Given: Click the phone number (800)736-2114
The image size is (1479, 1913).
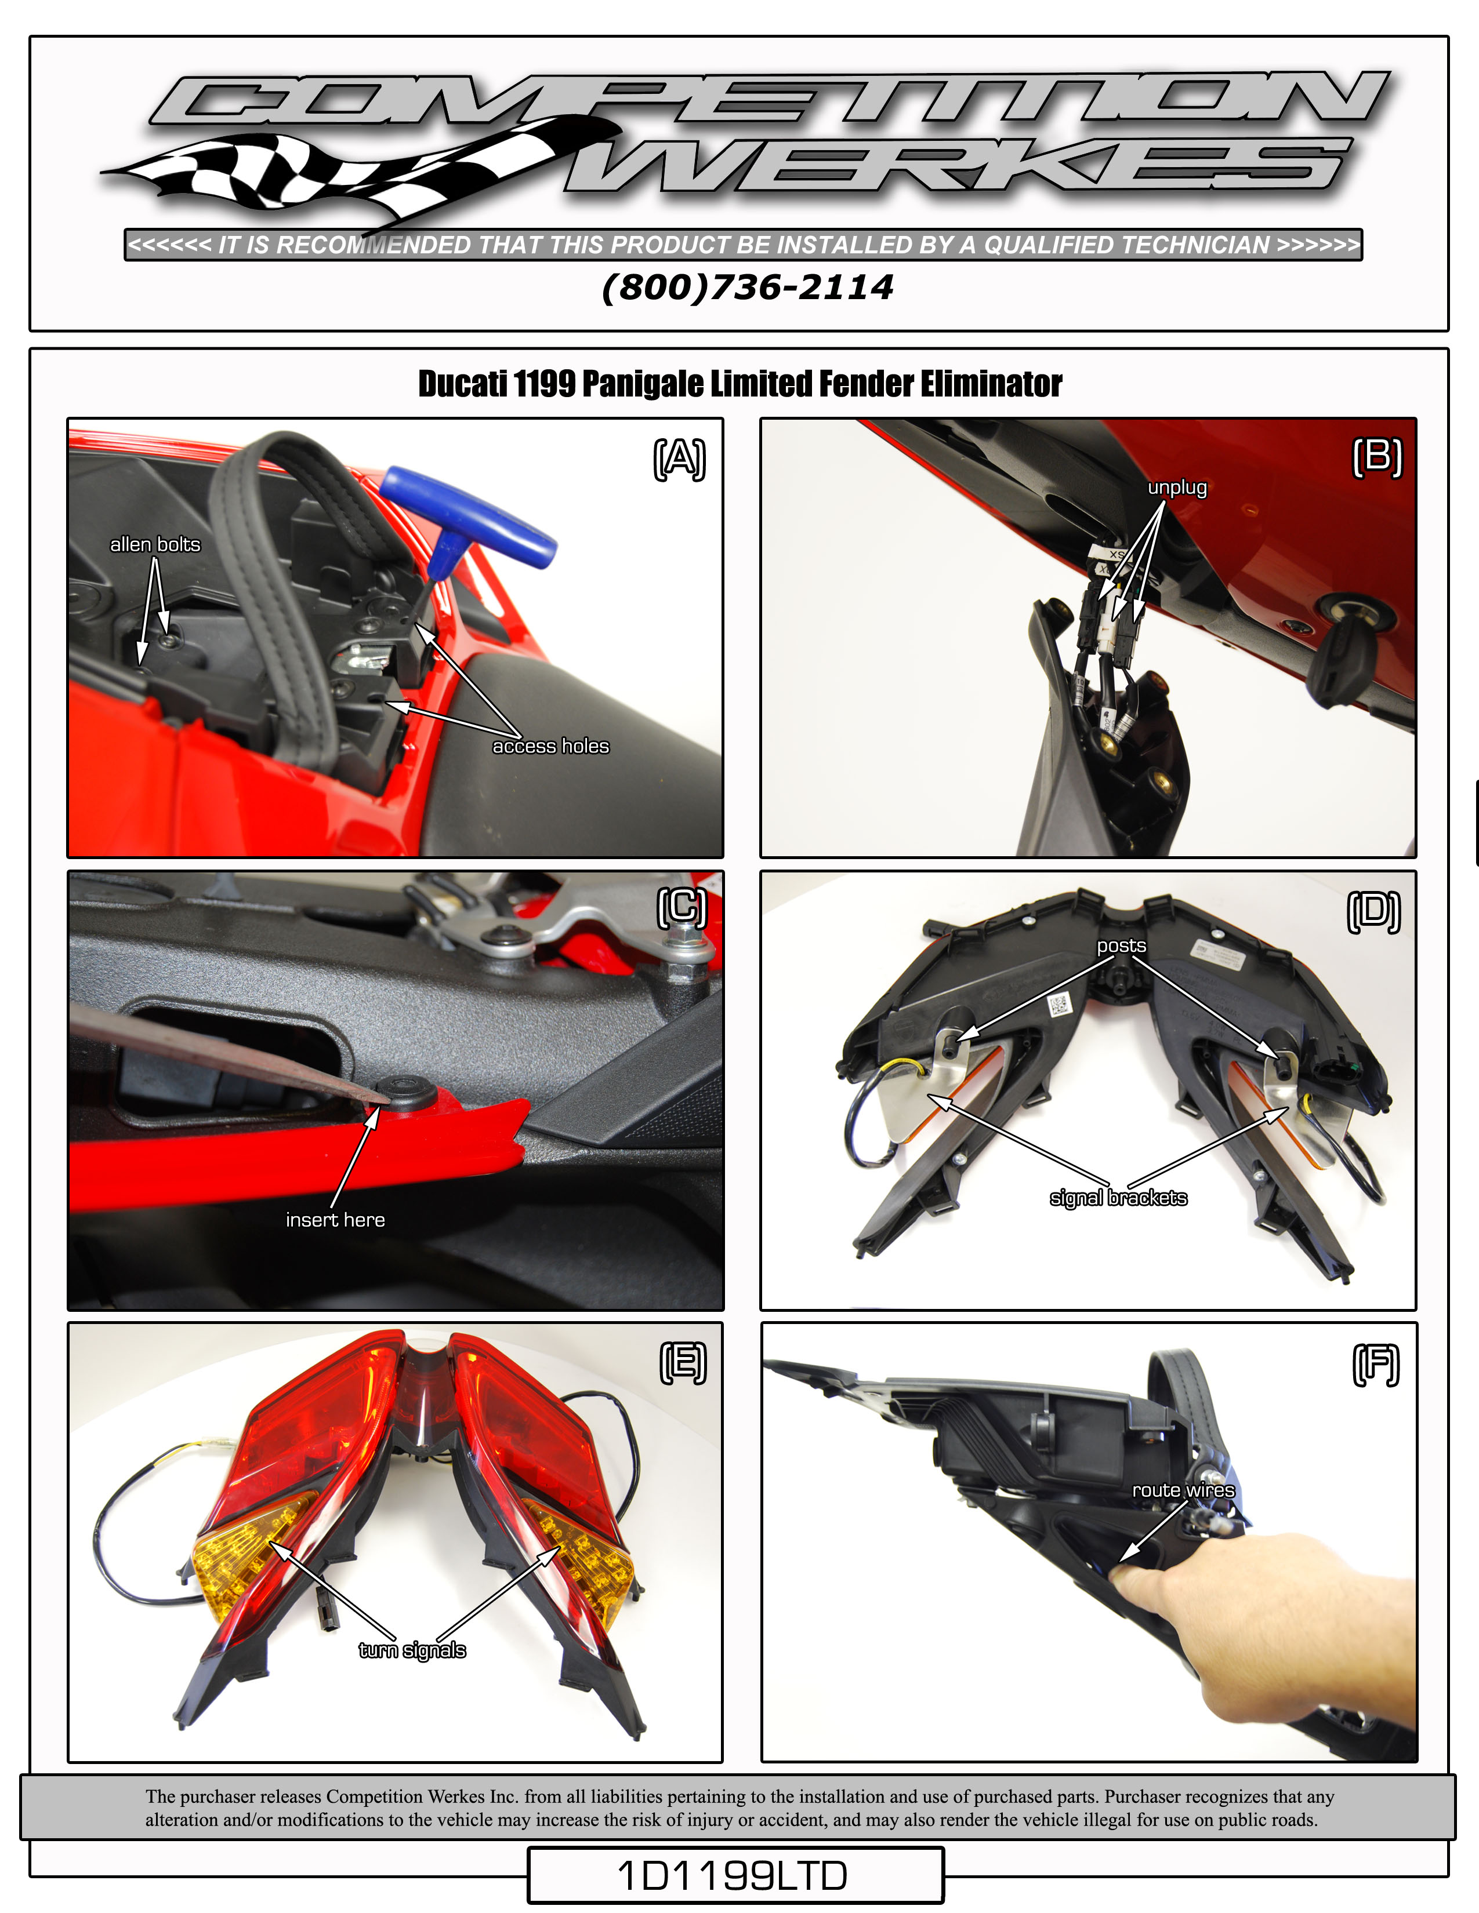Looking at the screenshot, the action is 748,288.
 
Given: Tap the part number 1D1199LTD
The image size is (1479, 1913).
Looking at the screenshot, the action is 733,1875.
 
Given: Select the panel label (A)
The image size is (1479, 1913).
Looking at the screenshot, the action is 679,459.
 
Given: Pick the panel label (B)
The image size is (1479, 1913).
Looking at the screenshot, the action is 1377,457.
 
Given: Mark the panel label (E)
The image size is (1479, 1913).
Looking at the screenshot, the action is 683,1363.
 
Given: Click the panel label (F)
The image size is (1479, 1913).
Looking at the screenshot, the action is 1376,1365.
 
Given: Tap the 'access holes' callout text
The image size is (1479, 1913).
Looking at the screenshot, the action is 550,745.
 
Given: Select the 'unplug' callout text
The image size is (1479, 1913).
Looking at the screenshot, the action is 1177,488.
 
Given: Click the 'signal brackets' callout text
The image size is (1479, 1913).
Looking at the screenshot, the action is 1118,1198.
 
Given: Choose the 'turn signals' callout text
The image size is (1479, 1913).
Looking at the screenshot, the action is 412,1650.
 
